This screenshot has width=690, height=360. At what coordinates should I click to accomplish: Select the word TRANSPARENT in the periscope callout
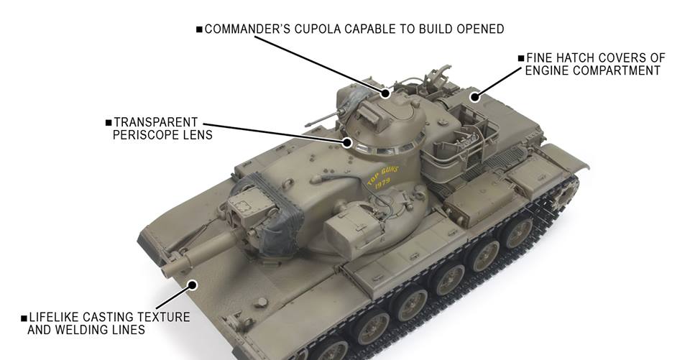click(156, 122)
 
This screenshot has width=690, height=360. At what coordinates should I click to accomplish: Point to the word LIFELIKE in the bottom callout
click(54, 318)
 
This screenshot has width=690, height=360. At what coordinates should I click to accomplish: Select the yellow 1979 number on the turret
click(382, 183)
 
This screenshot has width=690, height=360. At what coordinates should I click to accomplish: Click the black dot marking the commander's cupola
click(385, 93)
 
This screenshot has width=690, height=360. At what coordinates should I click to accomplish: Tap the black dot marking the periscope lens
click(348, 142)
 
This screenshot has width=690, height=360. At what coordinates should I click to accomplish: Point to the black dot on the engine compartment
click(474, 97)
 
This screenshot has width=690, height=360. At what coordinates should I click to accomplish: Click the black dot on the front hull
click(193, 285)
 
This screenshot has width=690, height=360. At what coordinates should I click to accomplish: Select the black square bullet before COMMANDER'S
click(199, 29)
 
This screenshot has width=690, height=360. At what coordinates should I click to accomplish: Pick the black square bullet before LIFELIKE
click(24, 318)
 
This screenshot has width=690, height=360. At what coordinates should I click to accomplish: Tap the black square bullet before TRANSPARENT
click(109, 122)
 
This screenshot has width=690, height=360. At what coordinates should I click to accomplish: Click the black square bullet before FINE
click(522, 58)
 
